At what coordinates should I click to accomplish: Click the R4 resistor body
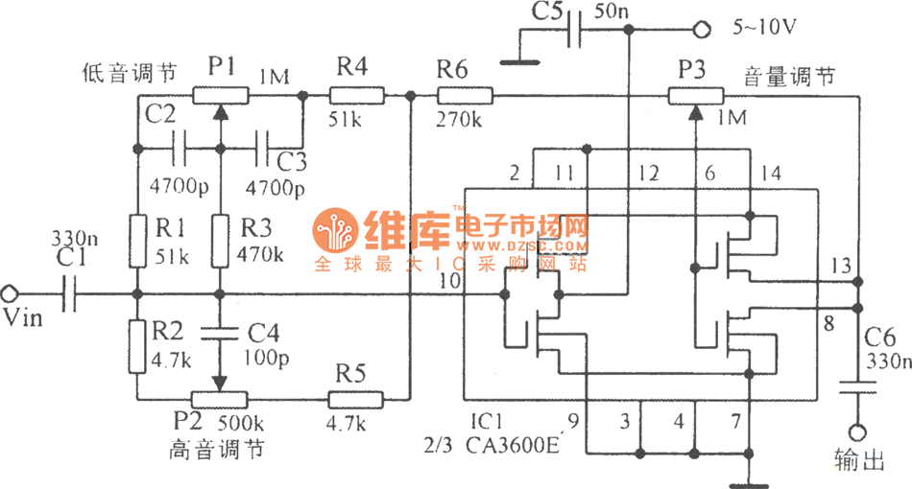(356, 95)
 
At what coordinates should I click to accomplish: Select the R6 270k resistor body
(464, 95)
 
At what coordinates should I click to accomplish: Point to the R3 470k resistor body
(221, 242)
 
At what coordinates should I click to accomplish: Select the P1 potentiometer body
(221, 95)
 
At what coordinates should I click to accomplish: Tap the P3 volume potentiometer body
(696, 95)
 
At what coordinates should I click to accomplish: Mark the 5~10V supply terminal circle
(702, 31)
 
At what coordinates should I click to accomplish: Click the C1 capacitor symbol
(68, 293)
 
